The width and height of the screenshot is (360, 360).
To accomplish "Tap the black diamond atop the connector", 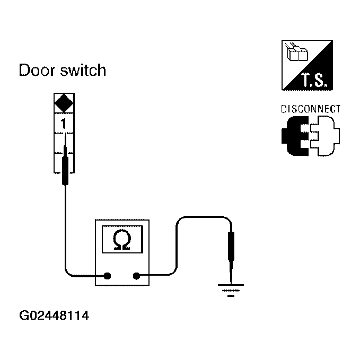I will (64, 103).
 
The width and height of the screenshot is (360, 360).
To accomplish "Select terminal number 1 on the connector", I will (64, 123).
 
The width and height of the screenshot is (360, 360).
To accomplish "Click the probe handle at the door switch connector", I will (65, 170).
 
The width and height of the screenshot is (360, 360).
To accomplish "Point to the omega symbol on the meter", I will (122, 240).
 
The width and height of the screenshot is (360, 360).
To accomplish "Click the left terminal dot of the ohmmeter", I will (107, 276).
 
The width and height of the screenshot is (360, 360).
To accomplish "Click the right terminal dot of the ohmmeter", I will (137, 276).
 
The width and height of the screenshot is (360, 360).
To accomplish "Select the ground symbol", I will (231, 289).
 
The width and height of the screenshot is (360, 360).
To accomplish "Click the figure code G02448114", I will (53, 317).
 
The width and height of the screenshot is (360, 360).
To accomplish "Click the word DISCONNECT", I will (310, 109).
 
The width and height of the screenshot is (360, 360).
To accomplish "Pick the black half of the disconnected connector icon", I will (294, 137).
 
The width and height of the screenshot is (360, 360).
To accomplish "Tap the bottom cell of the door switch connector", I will (64, 162).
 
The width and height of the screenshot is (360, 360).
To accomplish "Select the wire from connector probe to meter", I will (65, 233).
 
